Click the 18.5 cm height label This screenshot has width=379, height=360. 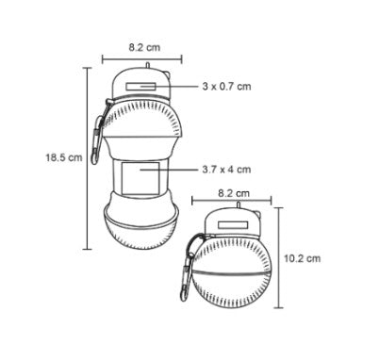(x=64, y=157)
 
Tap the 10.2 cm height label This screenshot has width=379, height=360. (x=303, y=258)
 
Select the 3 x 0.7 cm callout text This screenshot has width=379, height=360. (x=226, y=86)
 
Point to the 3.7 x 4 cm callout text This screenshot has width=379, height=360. (x=226, y=170)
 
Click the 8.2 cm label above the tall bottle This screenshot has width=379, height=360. (x=144, y=47)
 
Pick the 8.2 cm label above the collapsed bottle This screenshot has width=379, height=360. (x=234, y=193)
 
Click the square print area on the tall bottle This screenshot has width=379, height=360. (x=140, y=178)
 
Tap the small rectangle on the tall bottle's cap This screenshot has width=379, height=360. (x=140, y=87)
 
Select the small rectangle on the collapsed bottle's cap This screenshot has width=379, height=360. (x=233, y=225)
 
